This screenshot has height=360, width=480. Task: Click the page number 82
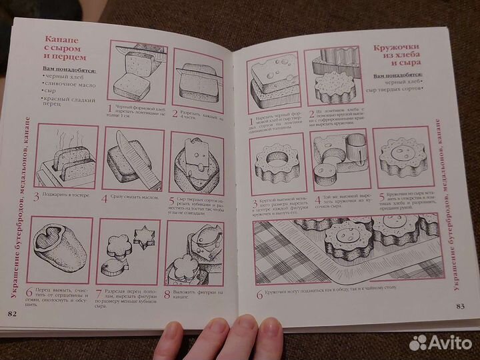coord(12,314)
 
